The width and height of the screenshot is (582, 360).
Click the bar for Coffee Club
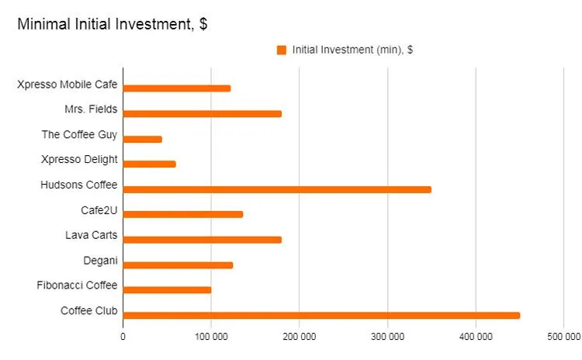(x=321, y=315)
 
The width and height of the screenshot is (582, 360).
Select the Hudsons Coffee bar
(x=277, y=189)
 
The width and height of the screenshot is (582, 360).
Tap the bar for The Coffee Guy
(x=143, y=139)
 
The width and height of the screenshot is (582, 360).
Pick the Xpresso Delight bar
(x=150, y=164)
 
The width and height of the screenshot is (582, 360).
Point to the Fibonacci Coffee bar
(x=167, y=290)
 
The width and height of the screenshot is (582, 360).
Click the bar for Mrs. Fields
(x=203, y=113)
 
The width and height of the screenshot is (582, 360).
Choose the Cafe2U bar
(x=183, y=214)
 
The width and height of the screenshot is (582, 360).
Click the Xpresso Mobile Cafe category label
(x=67, y=84)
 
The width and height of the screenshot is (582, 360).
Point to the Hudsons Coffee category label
(x=78, y=185)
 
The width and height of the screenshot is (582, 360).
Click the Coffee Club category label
(x=89, y=310)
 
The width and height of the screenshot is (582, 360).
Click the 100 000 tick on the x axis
(x=211, y=337)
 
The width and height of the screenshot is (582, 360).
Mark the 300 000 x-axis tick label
(x=387, y=337)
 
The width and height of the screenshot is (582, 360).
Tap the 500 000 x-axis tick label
(x=563, y=337)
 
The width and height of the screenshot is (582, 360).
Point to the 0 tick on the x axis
(x=123, y=337)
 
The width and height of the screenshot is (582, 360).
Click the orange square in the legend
(x=282, y=50)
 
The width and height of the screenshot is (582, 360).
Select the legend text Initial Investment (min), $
(x=352, y=50)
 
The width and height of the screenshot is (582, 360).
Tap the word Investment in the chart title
(x=151, y=24)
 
